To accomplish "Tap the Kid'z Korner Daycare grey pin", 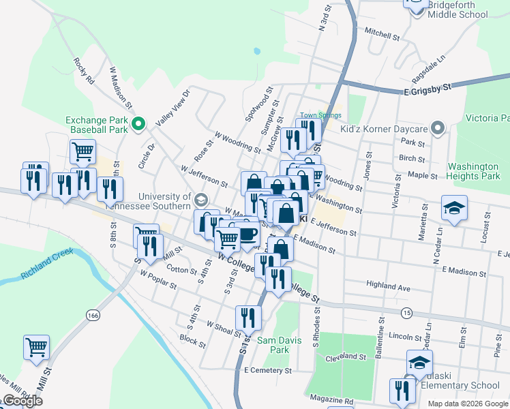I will pos(438,128).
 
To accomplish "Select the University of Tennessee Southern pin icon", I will pos(200,200).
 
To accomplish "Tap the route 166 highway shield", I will pos(93,316).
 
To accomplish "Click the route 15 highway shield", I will pos(407,312).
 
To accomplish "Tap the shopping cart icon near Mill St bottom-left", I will pos(36,346).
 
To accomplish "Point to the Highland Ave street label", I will pos(388,288).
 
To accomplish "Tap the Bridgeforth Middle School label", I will pos(464,9).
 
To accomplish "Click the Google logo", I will pos(22,401).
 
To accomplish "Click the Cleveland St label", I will pos(346,357).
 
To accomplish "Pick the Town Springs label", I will pos(320,115).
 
